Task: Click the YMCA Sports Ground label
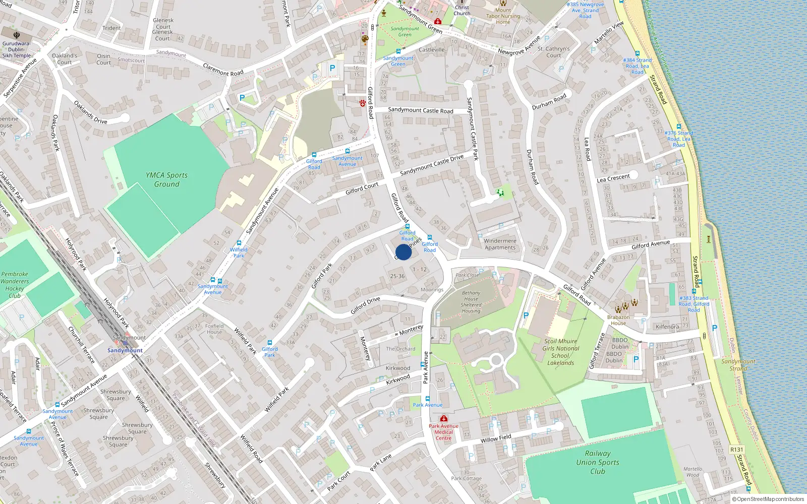pyautogui.click(x=166, y=179)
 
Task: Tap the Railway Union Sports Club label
pyautogui.click(x=598, y=462)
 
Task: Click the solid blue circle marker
pyautogui.click(x=403, y=252)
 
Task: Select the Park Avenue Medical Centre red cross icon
pyautogui.click(x=444, y=419)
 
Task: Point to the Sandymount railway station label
pyautogui.click(x=125, y=350)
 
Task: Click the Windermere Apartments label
pyautogui.click(x=500, y=244)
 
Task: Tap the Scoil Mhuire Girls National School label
pyautogui.click(x=560, y=352)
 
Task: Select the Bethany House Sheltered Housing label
pyautogui.click(x=471, y=302)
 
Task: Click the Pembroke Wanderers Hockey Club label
pyautogui.click(x=15, y=285)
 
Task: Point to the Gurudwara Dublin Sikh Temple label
pyautogui.click(x=17, y=49)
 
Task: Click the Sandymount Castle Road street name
pyautogui.click(x=421, y=110)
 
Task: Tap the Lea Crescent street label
pyautogui.click(x=613, y=178)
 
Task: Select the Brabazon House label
pyautogui.click(x=618, y=320)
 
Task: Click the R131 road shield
pyautogui.click(x=736, y=450)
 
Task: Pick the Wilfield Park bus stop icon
pyautogui.click(x=239, y=243)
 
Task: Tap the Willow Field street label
pyautogui.click(x=496, y=438)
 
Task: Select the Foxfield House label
pyautogui.click(x=214, y=329)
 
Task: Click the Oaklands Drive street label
pyautogui.click(x=91, y=112)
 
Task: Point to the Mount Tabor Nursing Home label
pyautogui.click(x=503, y=16)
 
